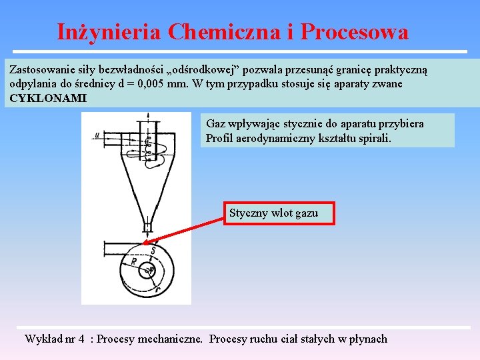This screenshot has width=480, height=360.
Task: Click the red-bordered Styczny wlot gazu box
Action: click(279, 213)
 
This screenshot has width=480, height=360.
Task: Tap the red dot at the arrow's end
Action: click(146, 243)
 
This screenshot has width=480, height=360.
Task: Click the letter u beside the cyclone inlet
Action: click(97, 135)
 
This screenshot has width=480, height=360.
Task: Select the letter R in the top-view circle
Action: click(134, 261)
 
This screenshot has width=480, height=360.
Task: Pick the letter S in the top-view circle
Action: click(153, 251)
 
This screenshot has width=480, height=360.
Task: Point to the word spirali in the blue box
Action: click(375, 139)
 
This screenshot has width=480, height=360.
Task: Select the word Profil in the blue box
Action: click(219, 139)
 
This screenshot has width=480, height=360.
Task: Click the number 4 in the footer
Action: click(81, 339)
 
